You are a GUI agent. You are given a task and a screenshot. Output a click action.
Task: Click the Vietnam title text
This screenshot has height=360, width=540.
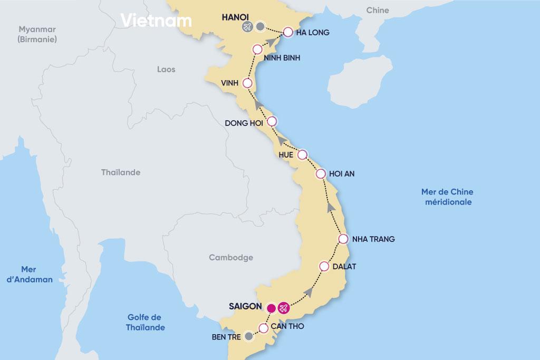click(156, 20)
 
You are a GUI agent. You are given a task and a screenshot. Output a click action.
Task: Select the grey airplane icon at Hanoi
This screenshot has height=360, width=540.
click(246, 27)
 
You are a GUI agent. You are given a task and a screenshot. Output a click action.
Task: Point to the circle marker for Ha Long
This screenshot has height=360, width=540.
click(288, 32)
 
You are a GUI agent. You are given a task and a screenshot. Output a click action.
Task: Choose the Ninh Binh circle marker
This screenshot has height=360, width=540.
click(257, 50)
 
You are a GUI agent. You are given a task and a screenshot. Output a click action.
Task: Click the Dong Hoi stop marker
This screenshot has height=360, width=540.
click(272, 121)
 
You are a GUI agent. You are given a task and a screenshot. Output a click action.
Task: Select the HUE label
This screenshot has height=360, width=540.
click(285, 154)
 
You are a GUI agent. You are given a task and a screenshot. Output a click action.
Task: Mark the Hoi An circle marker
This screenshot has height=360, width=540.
click(320, 173)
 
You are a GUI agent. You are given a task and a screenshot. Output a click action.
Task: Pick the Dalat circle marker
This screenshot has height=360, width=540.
click(324, 266)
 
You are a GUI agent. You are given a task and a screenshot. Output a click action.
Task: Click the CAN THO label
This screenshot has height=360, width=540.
click(287, 327)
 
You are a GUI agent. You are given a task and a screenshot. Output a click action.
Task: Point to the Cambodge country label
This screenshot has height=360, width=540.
click(231, 258)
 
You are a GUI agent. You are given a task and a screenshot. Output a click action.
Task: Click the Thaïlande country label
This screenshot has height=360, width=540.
click(121, 172)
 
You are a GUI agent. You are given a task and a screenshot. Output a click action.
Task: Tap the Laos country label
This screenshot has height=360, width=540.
click(166, 69)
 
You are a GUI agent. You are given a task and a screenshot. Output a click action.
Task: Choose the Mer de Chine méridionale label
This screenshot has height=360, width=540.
click(446, 197)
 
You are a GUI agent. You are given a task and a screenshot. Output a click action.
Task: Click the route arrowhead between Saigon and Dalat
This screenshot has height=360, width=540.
click(309, 291)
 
